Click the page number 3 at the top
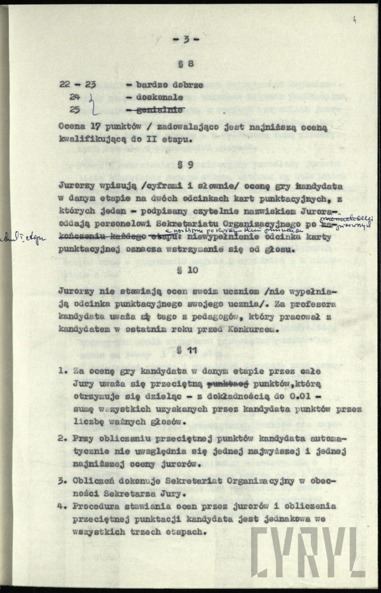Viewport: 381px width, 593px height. click(188, 40)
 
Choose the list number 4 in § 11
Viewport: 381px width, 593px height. click(62, 506)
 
